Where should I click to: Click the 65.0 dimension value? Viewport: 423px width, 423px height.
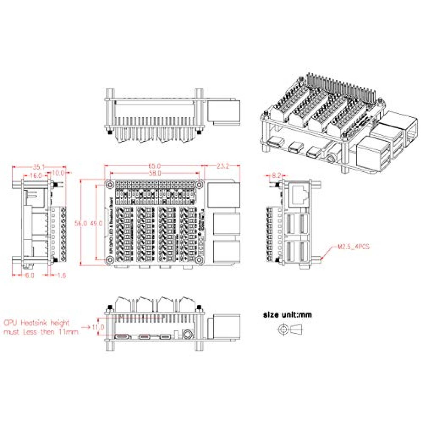[x=154, y=166]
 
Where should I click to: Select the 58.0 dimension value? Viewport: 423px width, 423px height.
[x=154, y=173]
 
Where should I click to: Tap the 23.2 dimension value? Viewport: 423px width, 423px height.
[x=223, y=166]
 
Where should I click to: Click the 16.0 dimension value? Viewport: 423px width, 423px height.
[x=36, y=175]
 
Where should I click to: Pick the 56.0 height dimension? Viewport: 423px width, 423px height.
[x=80, y=223]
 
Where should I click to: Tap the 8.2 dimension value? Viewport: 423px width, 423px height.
[x=276, y=175]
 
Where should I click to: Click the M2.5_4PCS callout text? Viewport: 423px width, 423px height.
[x=353, y=247]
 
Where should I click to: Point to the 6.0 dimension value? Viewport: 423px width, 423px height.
[x=30, y=275]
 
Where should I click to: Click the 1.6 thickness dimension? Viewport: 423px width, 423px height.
[x=61, y=275]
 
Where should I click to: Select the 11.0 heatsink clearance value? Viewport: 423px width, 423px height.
[x=98, y=327]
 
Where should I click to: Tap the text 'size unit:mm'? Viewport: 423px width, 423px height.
[x=287, y=315]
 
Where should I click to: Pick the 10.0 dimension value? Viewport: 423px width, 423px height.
[x=58, y=173]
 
